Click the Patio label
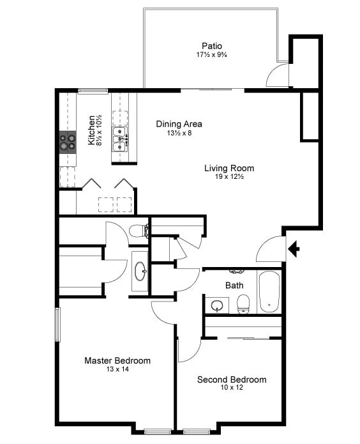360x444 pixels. pyautogui.click(x=212, y=46)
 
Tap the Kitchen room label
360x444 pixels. pyautogui.click(x=92, y=130)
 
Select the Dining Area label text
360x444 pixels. pyautogui.click(x=179, y=124)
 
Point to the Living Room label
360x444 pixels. pyautogui.click(x=229, y=169)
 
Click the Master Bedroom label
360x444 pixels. pyautogui.click(x=117, y=361)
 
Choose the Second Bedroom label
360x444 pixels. pyautogui.click(x=231, y=379)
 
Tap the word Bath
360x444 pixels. pyautogui.click(x=234, y=285)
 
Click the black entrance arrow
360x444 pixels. pyautogui.click(x=294, y=248)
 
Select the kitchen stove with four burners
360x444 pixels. pyautogui.click(x=68, y=141)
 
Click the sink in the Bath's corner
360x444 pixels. pyautogui.click(x=218, y=305)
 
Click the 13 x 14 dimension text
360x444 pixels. pyautogui.click(x=117, y=370)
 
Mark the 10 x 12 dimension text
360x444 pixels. pyautogui.click(x=231, y=388)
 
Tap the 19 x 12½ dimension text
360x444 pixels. pyautogui.click(x=229, y=177)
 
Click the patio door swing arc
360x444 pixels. pyautogui.click(x=276, y=75)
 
